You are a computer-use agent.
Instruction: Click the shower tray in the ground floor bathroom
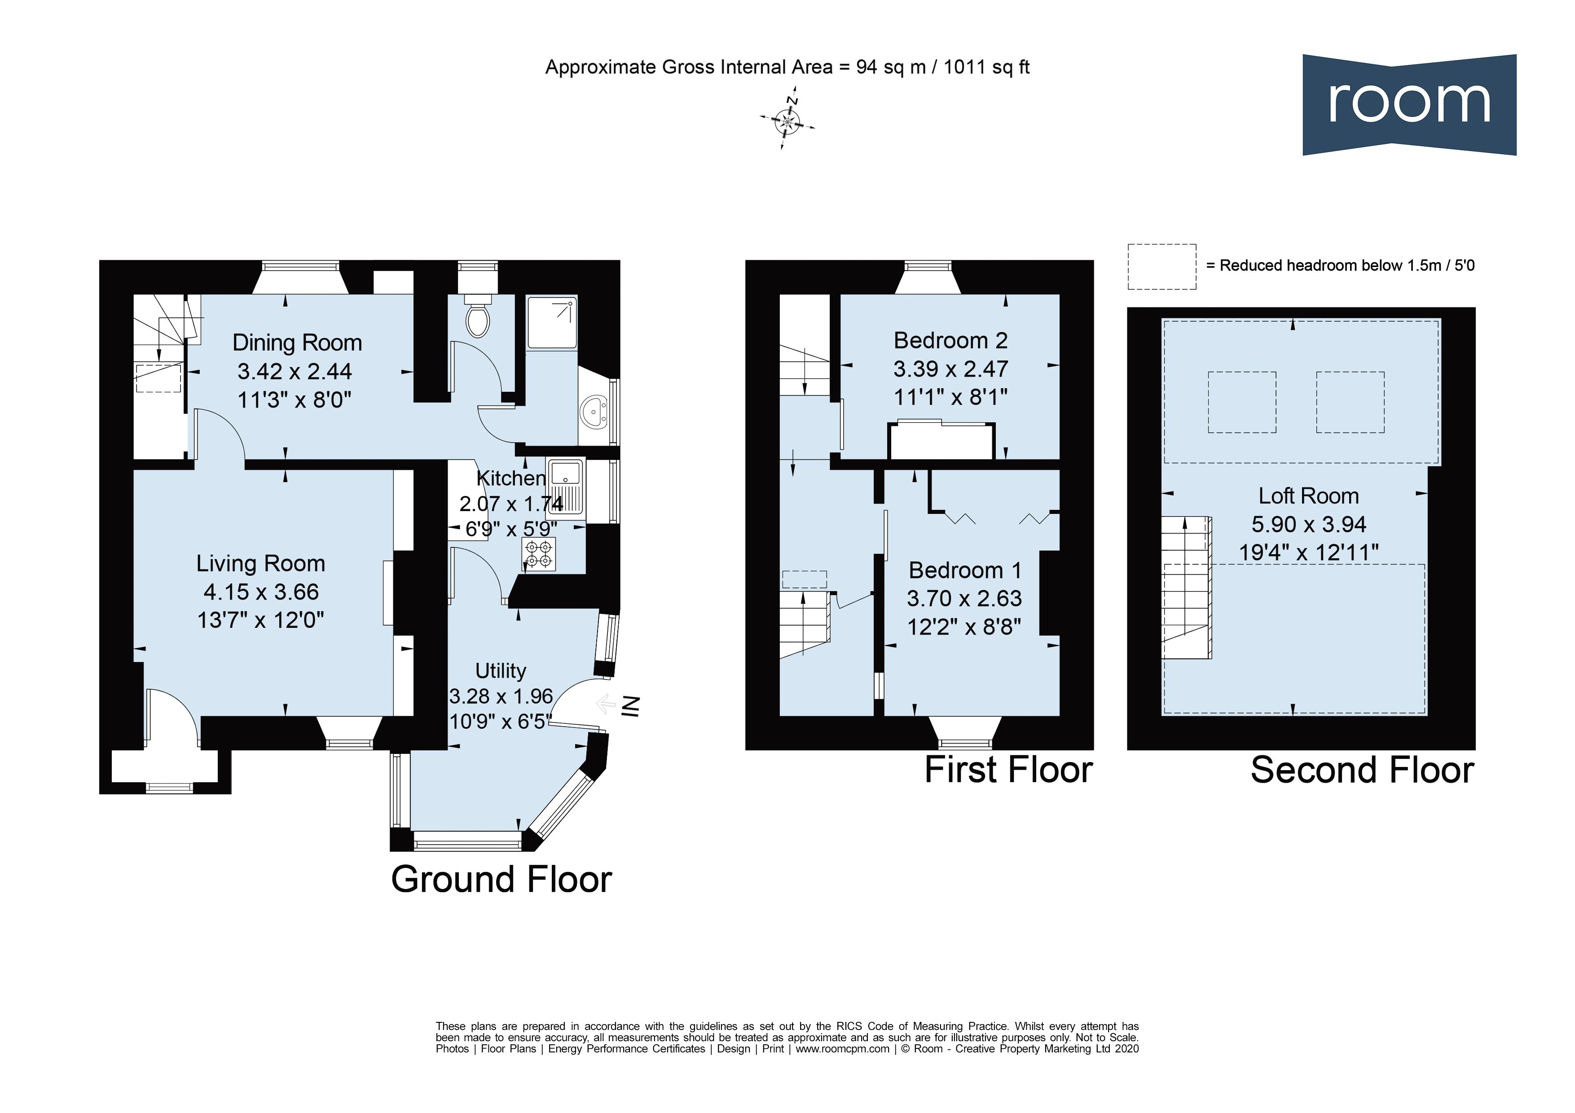(551, 322)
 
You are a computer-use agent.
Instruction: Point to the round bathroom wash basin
(594, 412)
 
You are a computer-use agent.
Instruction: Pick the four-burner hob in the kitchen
(538, 553)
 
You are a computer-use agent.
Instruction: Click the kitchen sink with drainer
(566, 487)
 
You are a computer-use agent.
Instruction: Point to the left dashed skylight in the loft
(1241, 402)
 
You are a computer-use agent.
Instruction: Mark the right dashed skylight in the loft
(1349, 402)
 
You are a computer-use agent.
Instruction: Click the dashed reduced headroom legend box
(1161, 266)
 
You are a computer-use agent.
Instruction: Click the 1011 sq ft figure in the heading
(986, 67)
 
